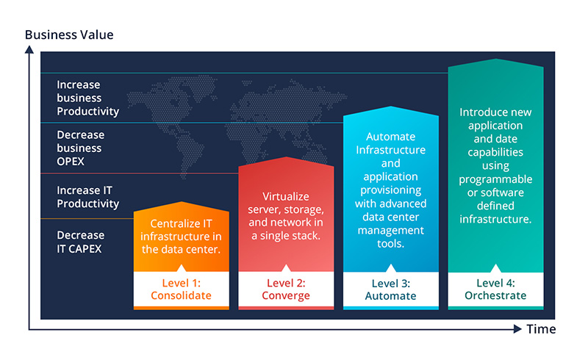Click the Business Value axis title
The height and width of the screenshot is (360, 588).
pyautogui.click(x=69, y=35)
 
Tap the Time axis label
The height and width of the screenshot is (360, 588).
pyautogui.click(x=541, y=329)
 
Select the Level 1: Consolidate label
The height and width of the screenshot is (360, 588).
pyautogui.click(x=181, y=289)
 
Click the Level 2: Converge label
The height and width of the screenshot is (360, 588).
pyautogui.click(x=286, y=289)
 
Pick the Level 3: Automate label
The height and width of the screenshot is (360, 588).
pyautogui.click(x=390, y=289)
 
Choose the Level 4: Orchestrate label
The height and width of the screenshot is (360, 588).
pyautogui.click(x=495, y=289)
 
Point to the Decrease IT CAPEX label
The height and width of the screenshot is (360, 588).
pyautogui.click(x=81, y=242)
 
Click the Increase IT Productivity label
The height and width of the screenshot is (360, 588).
pyautogui.click(x=87, y=197)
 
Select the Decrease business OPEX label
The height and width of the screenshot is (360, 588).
pyautogui.click(x=81, y=148)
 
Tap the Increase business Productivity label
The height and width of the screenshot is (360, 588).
pyautogui.click(x=87, y=98)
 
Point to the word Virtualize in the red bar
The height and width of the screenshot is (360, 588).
pyautogui.click(x=286, y=196)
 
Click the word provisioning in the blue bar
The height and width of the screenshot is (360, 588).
pyautogui.click(x=391, y=190)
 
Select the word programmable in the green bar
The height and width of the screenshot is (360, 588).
pyautogui.click(x=495, y=179)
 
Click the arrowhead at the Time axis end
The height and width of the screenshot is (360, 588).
pyautogui.click(x=517, y=329)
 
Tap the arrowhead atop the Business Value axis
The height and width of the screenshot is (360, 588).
pyautogui.click(x=29, y=49)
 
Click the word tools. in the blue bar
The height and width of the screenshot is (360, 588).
pyautogui.click(x=391, y=244)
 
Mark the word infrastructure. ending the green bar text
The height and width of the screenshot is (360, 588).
pyautogui.click(x=495, y=219)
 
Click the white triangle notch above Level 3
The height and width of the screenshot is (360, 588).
pyautogui.click(x=391, y=268)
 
